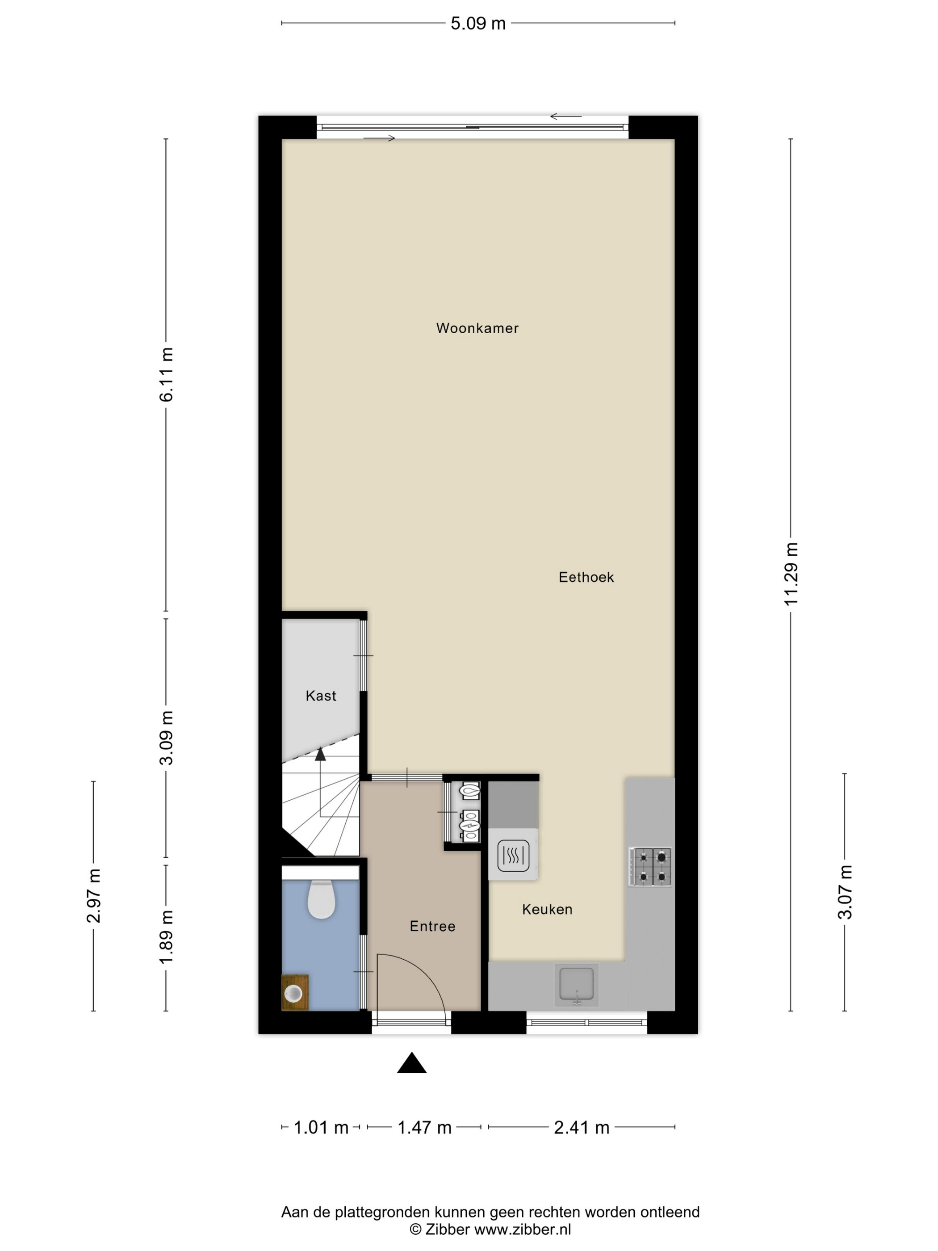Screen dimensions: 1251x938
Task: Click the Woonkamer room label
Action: [x=477, y=328]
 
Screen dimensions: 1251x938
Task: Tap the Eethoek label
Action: [x=586, y=577]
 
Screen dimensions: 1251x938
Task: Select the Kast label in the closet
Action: [x=321, y=696]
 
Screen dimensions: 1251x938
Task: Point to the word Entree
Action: [x=432, y=926]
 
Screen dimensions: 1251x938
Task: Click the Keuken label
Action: [x=547, y=909]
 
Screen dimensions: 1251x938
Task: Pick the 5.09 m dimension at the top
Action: [x=478, y=24]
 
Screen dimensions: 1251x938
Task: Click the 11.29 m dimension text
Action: [x=791, y=574]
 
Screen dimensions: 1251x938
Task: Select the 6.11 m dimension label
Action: [x=166, y=374]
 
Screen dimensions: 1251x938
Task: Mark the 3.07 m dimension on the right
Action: [x=845, y=892]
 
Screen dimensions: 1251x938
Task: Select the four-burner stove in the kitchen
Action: [x=651, y=866]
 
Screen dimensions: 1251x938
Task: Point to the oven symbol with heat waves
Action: [x=513, y=855]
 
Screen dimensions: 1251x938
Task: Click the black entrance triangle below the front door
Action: [x=412, y=1063]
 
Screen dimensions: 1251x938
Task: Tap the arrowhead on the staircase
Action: [x=321, y=754]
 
